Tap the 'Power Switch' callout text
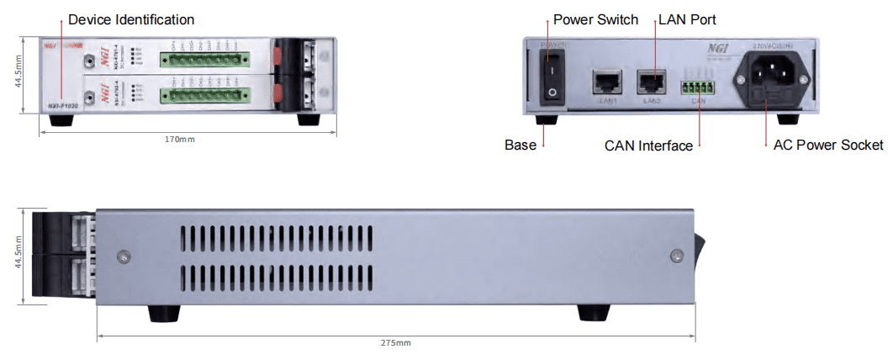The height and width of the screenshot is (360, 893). [x=595, y=19]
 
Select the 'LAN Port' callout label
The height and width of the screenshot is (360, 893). [x=687, y=19]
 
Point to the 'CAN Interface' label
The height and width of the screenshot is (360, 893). [x=648, y=146]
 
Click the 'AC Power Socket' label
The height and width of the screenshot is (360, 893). [x=828, y=145]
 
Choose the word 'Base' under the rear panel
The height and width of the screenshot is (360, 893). [x=520, y=145]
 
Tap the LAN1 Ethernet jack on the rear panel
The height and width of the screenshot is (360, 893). [x=605, y=82]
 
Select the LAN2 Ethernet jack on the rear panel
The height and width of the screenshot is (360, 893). [x=651, y=82]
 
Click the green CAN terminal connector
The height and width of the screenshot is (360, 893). [x=698, y=87]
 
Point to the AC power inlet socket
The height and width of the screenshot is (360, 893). [x=776, y=80]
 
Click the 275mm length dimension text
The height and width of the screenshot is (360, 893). [x=396, y=343]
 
